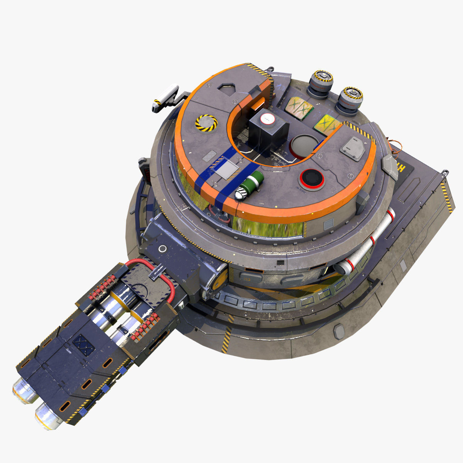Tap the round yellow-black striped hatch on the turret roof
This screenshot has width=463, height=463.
coord(206,123)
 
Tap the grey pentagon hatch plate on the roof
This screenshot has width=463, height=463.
coord(352,148)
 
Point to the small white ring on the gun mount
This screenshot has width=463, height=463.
coord(163,248)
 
